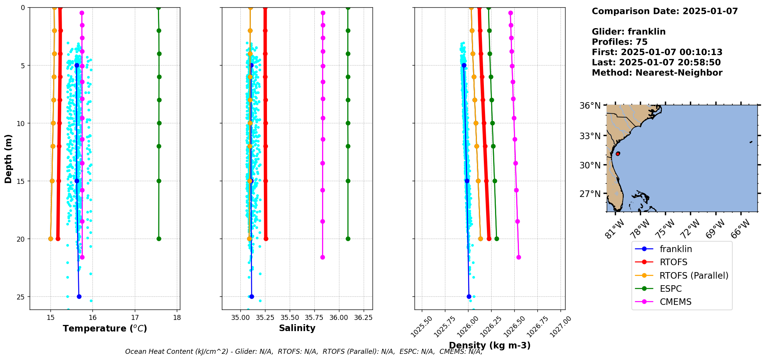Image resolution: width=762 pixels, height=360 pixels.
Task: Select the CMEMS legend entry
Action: pyautogui.click(x=675, y=302)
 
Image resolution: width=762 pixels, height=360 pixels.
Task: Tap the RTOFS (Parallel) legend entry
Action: pyautogui.click(x=694, y=276)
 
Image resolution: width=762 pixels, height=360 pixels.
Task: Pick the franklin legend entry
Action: pyautogui.click(x=676, y=249)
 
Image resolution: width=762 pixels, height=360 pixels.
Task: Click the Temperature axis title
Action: pyautogui.click(x=105, y=328)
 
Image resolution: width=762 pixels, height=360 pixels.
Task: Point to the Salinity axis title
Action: pyautogui.click(x=297, y=328)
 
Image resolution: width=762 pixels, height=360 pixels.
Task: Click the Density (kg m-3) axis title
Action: pyautogui.click(x=490, y=345)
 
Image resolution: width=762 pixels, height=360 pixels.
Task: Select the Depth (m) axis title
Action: pyautogui.click(x=8, y=158)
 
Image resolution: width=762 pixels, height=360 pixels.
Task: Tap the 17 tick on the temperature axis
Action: pyautogui.click(x=135, y=318)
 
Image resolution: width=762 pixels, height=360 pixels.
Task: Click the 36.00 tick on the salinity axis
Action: pyautogui.click(x=339, y=318)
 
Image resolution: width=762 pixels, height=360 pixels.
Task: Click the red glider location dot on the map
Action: pyautogui.click(x=618, y=153)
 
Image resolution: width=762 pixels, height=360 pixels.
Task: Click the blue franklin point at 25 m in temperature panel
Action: pyautogui.click(x=79, y=296)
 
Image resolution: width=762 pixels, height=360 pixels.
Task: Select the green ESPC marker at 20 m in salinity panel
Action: pyautogui.click(x=348, y=239)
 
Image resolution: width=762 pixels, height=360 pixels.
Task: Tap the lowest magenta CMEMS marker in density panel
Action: pyautogui.click(x=519, y=257)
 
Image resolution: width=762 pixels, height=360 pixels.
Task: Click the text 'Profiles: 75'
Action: pyautogui.click(x=619, y=42)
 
